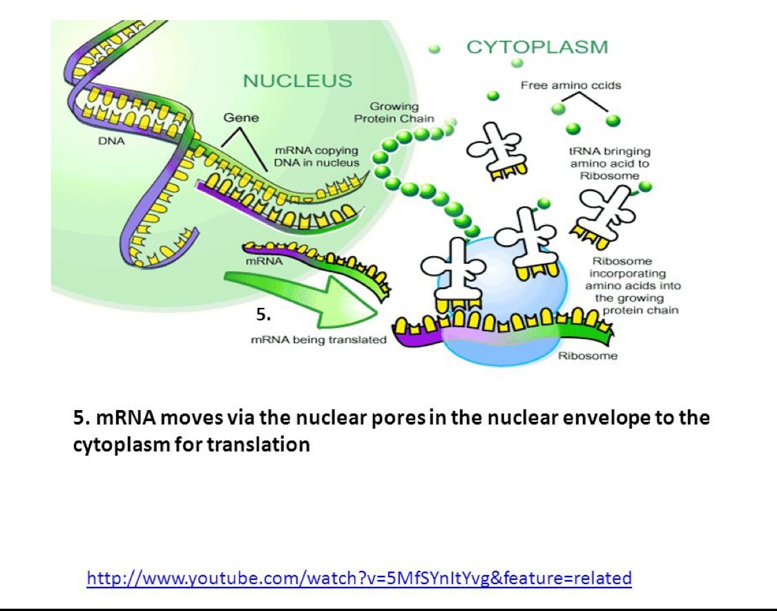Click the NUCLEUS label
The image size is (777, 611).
pos(298,81)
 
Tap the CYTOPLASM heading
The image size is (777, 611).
pos(537,47)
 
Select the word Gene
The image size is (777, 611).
pos(241,117)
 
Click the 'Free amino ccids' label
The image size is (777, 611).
pos(570,86)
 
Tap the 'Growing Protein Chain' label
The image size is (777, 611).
pos(394,113)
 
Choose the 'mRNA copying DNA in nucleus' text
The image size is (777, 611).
pos(316,156)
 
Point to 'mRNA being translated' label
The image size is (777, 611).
pos(318,340)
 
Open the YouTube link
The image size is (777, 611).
pos(359,577)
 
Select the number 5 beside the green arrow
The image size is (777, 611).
pos(262,316)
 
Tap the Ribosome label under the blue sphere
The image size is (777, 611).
pos(587,356)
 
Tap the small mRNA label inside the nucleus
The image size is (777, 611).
pos(264,262)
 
